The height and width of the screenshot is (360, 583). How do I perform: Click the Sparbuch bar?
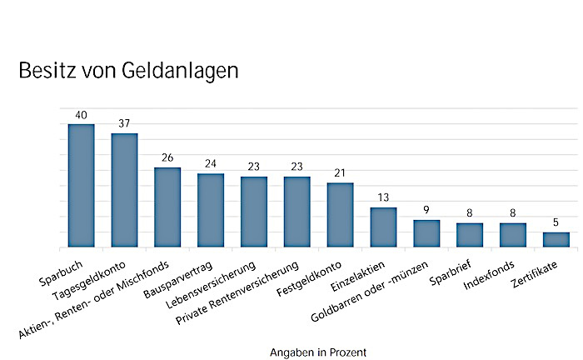click(x=81, y=186)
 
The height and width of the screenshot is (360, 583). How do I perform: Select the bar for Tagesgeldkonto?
click(x=124, y=191)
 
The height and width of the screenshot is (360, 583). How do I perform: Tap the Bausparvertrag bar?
click(x=211, y=211)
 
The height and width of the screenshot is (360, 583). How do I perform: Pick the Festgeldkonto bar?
click(x=340, y=215)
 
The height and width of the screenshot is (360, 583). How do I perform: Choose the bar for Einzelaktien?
click(x=383, y=227)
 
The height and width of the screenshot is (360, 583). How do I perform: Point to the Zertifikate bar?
click(x=556, y=240)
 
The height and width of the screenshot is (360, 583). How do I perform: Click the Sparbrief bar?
click(x=470, y=235)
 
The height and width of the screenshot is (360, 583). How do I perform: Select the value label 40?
click(x=81, y=115)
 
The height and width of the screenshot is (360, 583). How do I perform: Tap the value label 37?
click(x=124, y=124)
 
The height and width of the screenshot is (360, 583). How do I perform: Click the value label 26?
click(x=167, y=158)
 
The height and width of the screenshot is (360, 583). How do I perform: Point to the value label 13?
click(x=383, y=198)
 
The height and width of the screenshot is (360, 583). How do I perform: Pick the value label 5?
click(x=556, y=223)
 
